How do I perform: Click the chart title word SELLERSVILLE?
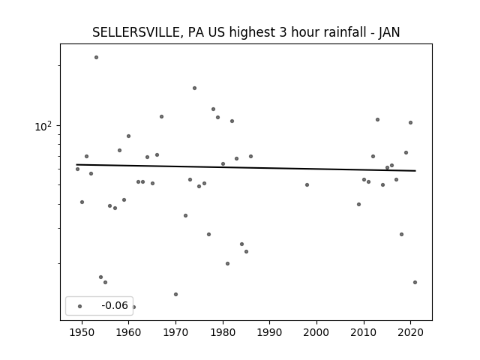tap(136, 32)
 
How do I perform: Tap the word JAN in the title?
tap(389, 32)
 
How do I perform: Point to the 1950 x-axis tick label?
tap(82, 332)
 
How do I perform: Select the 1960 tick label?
tap(128, 332)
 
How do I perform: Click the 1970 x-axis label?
tap(175, 332)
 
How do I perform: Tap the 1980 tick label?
tap(223, 332)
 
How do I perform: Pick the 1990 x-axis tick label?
tap(270, 332)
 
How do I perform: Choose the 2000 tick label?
tap(316, 332)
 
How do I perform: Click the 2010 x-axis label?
tap(364, 332)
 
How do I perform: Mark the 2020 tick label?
tap(411, 332)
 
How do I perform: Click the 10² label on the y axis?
tap(43, 126)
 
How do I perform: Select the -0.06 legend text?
tap(115, 305)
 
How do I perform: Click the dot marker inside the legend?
tap(80, 306)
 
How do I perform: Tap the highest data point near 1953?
tap(96, 57)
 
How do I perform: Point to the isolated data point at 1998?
tap(307, 184)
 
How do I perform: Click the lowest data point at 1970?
tap(175, 294)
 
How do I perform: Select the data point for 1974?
tap(194, 88)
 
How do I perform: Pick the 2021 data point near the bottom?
tap(415, 282)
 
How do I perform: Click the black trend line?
tap(246, 167)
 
